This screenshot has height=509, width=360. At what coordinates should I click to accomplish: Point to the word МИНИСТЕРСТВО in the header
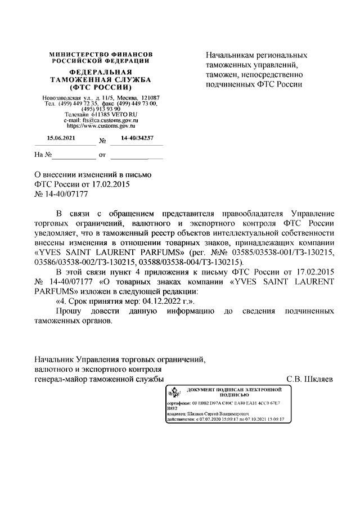point(76,54)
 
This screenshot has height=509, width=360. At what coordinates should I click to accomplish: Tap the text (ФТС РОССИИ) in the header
point(101,88)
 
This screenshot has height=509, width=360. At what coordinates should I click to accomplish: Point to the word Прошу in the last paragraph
point(70,311)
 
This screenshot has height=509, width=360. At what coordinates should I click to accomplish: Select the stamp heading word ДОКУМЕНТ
point(204,389)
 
